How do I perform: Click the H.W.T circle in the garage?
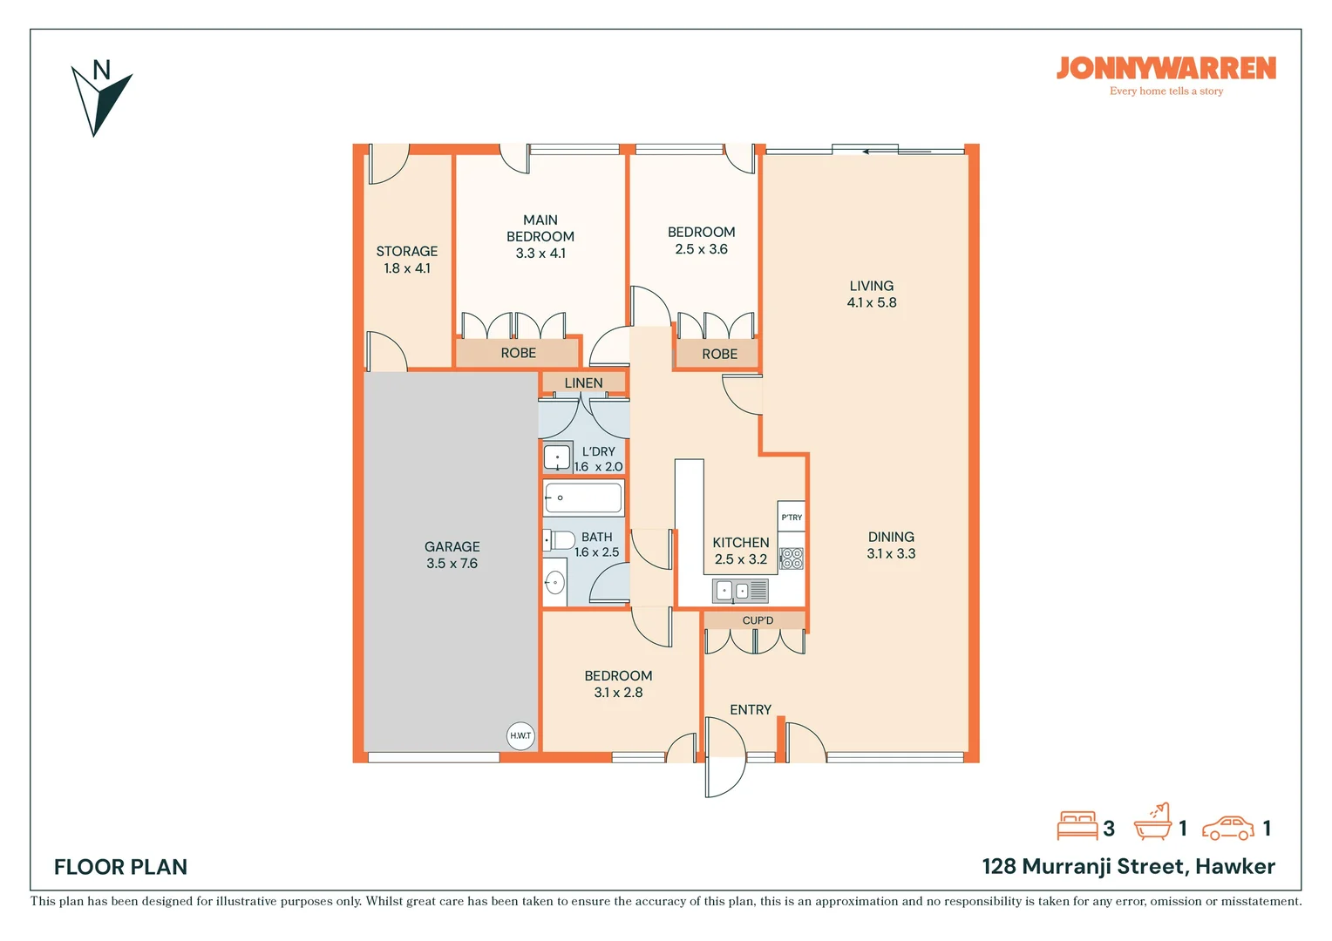point(520,736)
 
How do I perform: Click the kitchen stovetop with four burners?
point(792,559)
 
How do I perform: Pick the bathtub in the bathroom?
point(583,498)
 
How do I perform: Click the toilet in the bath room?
point(559,540)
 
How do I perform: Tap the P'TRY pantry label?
point(792,518)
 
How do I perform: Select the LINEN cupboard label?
point(583,382)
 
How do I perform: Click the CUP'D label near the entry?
point(758,620)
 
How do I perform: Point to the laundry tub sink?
point(557,457)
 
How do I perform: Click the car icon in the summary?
point(1228,828)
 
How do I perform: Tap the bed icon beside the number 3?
point(1077,825)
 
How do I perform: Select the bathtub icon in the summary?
point(1153,822)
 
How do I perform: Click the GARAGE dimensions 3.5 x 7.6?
point(452,563)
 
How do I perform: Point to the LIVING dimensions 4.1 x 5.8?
point(872,302)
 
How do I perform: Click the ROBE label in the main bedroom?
point(519,353)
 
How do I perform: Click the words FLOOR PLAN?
point(120,867)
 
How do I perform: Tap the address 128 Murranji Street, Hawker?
point(1129,867)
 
